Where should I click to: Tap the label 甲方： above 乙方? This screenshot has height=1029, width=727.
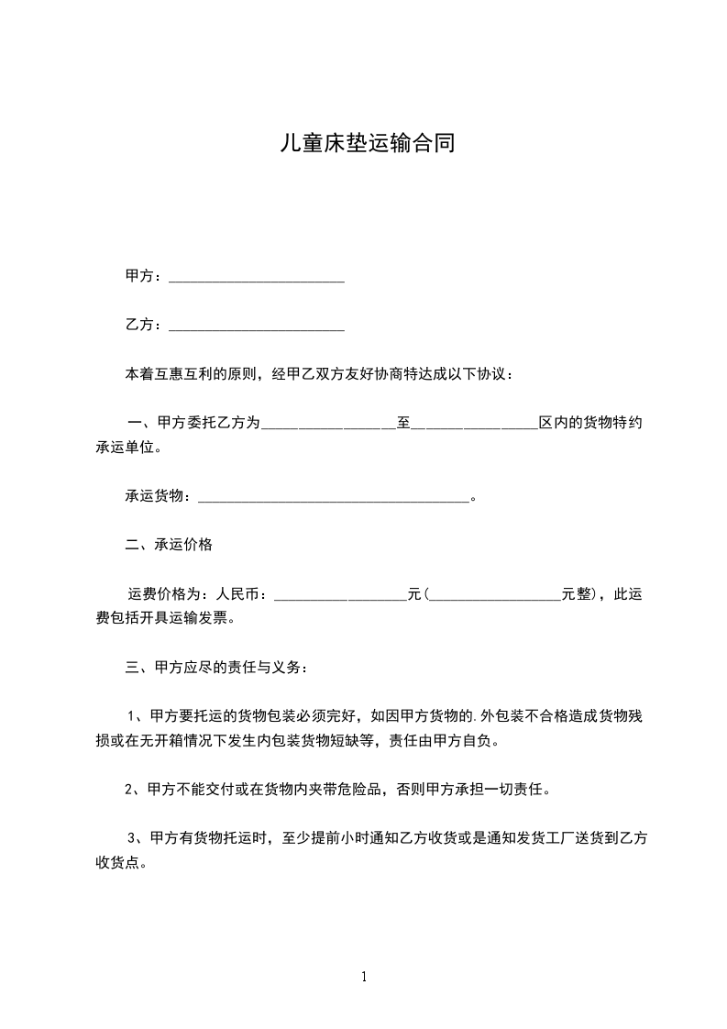(x=144, y=276)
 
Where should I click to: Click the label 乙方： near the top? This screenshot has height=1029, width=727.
(x=144, y=326)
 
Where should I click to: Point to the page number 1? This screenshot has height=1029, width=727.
(x=364, y=978)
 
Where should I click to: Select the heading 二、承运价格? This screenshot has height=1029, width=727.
(x=169, y=545)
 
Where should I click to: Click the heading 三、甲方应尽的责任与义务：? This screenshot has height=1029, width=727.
(x=217, y=668)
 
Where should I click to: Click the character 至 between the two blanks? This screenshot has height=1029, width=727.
(x=403, y=423)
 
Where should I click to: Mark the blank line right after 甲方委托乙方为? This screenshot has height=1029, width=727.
(x=328, y=426)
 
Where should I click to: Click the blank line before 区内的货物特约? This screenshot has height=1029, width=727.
(x=474, y=426)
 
